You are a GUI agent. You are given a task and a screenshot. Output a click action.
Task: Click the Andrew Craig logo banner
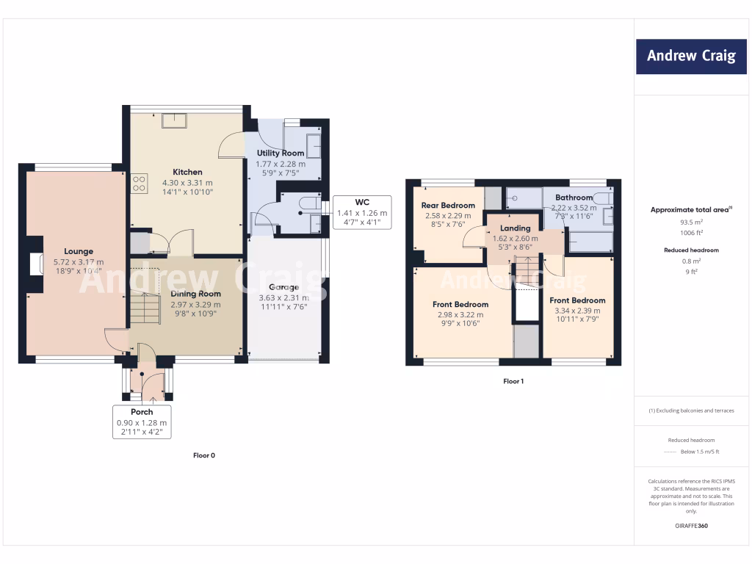690,57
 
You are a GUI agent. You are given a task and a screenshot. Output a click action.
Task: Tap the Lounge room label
78,252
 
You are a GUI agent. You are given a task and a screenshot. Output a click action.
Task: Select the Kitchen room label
187,173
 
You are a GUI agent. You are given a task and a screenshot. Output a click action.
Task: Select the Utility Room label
280,153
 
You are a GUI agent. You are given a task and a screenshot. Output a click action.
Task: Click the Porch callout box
142,422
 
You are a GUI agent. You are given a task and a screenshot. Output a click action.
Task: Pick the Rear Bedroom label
448,206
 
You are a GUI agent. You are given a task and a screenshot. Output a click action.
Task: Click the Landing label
515,228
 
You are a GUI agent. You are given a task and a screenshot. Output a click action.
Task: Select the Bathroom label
574,198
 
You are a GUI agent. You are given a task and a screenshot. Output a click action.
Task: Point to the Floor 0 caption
204,455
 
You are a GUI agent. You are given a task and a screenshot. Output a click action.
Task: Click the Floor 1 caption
513,381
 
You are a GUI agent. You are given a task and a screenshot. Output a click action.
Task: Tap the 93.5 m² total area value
690,221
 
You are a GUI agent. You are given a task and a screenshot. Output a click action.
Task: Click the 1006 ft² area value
690,232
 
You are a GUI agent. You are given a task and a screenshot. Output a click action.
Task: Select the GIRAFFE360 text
690,526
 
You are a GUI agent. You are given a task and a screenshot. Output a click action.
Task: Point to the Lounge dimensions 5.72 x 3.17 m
78,262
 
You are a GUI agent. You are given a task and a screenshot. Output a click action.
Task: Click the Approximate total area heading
690,210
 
